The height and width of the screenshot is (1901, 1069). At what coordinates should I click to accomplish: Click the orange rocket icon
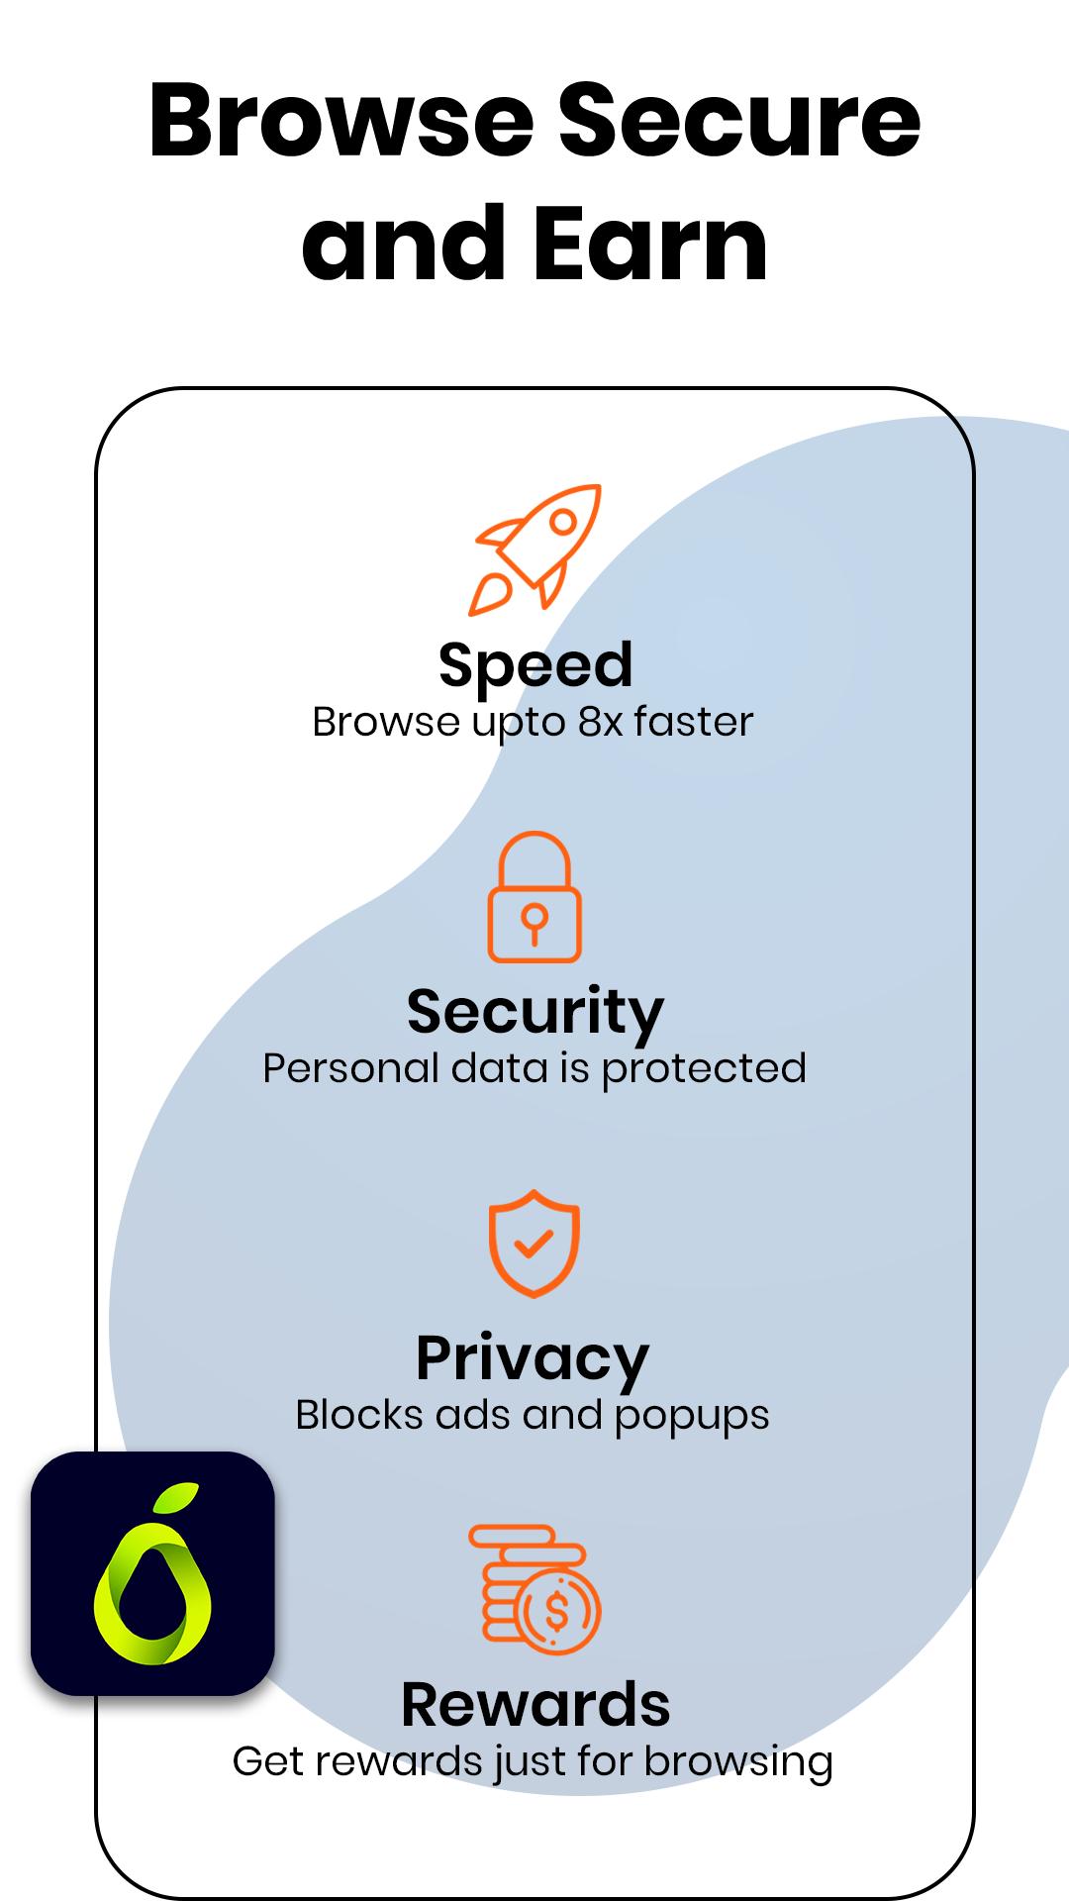pos(535,550)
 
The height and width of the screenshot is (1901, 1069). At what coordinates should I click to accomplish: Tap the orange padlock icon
pos(534,896)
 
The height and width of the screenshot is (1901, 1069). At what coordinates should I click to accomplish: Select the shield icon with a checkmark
pos(534,1244)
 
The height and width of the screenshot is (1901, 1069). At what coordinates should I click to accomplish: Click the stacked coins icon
pos(534,1589)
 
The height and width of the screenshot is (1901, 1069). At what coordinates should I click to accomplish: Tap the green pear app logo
pos(152,1574)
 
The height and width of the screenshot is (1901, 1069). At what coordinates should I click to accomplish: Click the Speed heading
pos(535,664)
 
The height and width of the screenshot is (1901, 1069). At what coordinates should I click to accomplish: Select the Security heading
pos(535,1013)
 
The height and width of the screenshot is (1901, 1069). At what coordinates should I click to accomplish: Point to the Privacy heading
pos(533,1359)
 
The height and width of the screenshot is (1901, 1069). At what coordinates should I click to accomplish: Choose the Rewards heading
pos(535,1704)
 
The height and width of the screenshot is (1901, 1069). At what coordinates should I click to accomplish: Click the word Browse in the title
pos(341,122)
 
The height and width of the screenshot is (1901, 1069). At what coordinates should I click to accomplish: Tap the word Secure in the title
pos(739,122)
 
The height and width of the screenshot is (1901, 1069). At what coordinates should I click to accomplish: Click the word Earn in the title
pos(650,243)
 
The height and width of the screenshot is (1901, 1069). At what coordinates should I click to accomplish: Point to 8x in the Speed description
pos(600,722)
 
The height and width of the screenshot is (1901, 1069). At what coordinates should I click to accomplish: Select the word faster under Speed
pos(694,722)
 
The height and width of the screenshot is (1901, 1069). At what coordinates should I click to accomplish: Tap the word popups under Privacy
pos(692,1417)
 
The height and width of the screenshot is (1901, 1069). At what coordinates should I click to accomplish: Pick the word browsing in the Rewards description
pos(738,1763)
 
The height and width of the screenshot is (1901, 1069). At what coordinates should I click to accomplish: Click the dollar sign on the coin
pos(557,1611)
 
